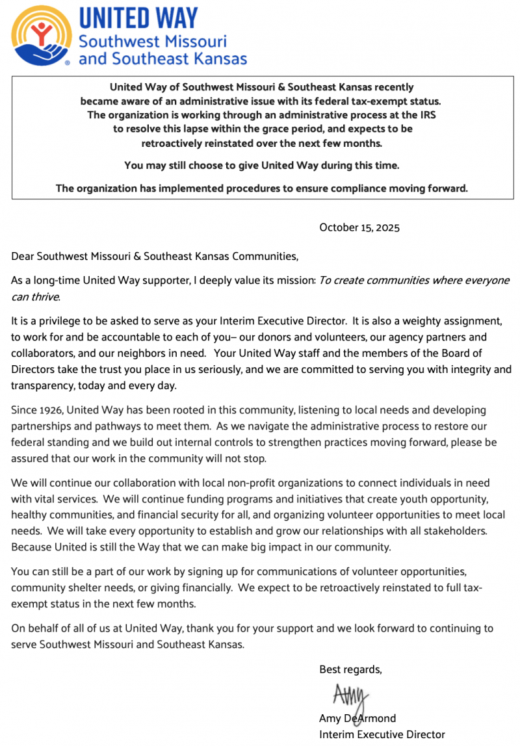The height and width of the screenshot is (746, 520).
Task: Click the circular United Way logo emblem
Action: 41,36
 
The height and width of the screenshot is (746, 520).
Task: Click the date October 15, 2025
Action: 359,227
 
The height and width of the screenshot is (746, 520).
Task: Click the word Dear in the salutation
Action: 23,256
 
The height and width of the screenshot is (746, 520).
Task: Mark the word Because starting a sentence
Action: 32,547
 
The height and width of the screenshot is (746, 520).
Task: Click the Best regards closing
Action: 350,669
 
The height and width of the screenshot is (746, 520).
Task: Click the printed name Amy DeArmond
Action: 357,718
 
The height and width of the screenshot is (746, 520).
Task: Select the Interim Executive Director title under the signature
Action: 382,734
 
